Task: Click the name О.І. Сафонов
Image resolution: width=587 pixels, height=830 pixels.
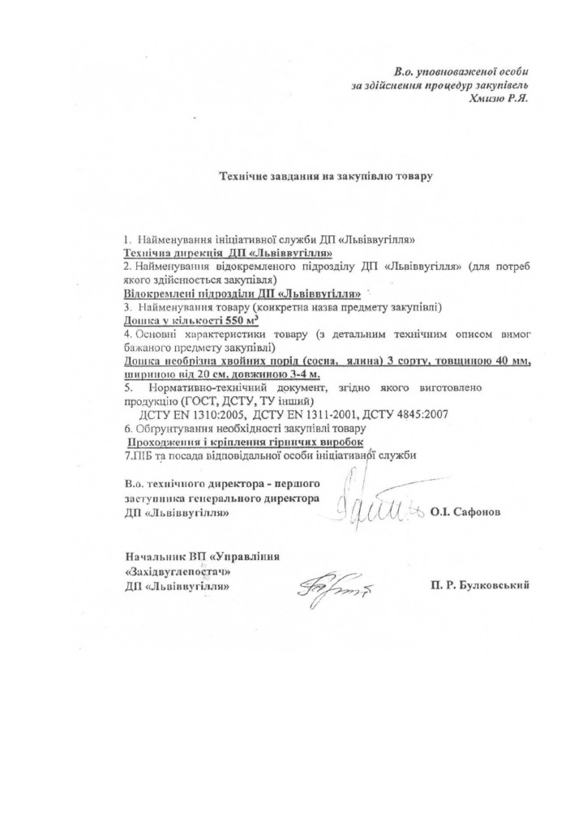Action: [466, 512]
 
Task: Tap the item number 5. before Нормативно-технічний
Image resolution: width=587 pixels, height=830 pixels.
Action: [128, 387]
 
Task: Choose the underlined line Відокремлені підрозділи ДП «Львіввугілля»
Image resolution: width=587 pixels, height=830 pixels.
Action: [242, 293]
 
